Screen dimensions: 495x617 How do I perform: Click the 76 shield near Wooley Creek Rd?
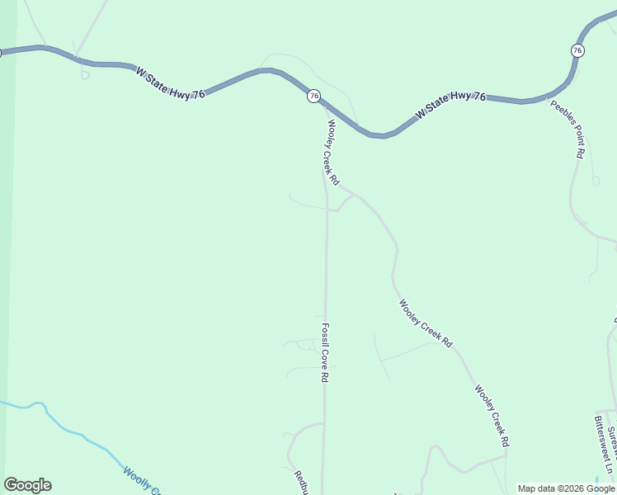pos(313,97)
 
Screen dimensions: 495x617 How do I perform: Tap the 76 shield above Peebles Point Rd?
pos(577,50)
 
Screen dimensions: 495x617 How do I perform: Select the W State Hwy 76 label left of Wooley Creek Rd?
pos(171,83)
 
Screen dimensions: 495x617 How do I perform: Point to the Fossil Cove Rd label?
pos(326,351)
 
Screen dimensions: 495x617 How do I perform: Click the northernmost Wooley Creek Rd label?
pos(333,152)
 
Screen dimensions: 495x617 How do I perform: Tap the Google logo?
pos(27,485)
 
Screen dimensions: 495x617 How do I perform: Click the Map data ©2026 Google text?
pos(566,488)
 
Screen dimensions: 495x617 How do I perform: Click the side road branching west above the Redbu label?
pos(301,427)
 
